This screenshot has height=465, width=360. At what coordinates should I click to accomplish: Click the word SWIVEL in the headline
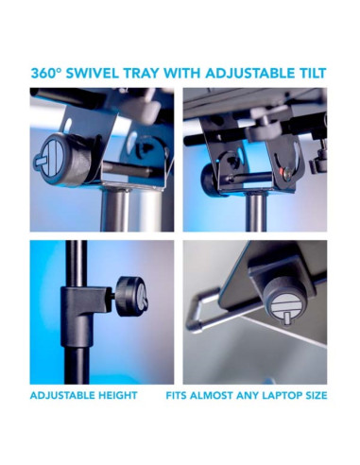93,73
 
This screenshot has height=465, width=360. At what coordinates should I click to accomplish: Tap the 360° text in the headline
45,73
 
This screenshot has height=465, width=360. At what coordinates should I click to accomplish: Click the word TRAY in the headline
142,73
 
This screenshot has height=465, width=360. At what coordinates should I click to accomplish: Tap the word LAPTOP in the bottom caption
273,395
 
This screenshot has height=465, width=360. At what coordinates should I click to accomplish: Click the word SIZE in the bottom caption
315,395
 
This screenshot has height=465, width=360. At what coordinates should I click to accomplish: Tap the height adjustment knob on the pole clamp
131,295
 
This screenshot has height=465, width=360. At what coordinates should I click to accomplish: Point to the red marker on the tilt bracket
281,172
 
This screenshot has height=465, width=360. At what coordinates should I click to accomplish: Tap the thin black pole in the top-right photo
256,213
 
